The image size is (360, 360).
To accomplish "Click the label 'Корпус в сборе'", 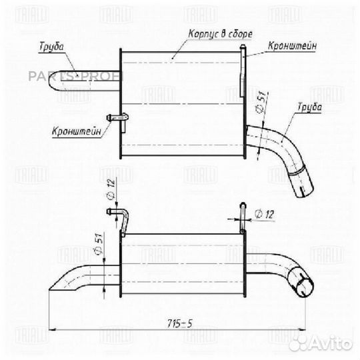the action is coord(220,34).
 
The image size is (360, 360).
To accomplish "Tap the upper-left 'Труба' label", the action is coord(51,47).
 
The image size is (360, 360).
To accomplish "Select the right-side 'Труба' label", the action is coord(309,107).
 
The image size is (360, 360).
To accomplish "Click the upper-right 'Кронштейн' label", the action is coord(292,46).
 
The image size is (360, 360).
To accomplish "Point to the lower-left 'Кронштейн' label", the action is coord(77,131).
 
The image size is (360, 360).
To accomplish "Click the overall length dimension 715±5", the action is coord(179,324).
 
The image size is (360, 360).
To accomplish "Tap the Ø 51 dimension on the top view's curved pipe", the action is coord(262,102).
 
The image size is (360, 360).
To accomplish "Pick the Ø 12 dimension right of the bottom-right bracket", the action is coord(264,215).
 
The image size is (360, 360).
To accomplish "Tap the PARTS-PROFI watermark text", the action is coord(76,77).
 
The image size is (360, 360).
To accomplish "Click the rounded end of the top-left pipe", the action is coord(51,81).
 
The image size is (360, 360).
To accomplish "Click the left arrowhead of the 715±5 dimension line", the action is coord(53,330).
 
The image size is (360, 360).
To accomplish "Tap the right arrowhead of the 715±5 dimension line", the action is coord(302,330).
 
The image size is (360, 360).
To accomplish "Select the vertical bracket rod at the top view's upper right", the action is coord(243,71).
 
